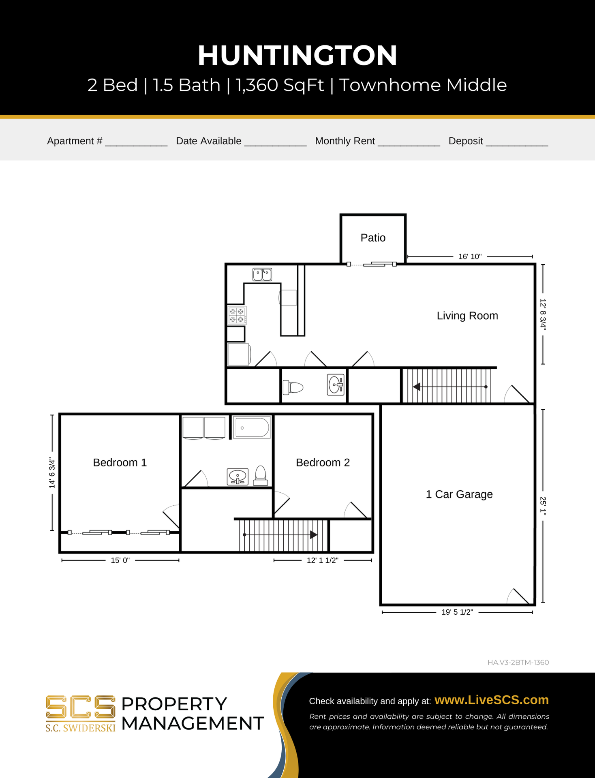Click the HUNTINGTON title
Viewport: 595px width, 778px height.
297,56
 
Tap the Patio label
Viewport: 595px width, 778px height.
373,237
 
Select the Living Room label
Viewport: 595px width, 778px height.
467,316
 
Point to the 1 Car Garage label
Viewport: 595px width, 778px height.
459,494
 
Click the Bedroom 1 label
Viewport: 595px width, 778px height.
120,462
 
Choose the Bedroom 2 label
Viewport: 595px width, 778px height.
323,462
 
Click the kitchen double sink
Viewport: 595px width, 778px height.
262,274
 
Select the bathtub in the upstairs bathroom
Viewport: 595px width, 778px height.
253,427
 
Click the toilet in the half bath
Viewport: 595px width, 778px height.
293,387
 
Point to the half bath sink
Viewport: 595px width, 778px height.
336,385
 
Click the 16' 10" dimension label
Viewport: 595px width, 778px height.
470,256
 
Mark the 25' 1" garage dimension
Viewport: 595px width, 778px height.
543,506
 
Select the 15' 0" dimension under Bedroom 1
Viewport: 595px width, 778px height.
120,560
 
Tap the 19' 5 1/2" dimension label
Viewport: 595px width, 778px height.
457,612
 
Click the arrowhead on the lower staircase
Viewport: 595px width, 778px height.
313,535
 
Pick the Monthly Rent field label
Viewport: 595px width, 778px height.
345,141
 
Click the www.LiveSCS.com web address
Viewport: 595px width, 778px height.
492,700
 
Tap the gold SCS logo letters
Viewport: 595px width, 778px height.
81,707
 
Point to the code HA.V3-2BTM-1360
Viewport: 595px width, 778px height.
518,663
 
